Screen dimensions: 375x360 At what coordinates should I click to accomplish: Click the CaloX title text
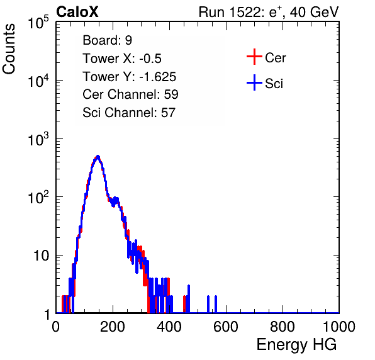pos(77,12)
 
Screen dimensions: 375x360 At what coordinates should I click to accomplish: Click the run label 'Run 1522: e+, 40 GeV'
pos(269,12)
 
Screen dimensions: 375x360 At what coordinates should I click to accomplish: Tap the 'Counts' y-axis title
pos(9,49)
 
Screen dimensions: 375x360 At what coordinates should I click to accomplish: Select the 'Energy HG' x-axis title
pos(296,345)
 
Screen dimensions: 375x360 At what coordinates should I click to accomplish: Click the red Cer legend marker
pos(254,57)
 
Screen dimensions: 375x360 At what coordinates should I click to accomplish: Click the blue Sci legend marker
pos(254,83)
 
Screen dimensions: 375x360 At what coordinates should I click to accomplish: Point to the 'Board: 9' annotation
pos(107,40)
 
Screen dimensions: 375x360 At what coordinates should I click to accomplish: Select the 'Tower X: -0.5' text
pos(122,59)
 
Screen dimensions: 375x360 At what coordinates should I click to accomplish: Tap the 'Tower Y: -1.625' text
pos(130,77)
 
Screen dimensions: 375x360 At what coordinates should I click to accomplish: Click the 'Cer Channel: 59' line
pos(130,94)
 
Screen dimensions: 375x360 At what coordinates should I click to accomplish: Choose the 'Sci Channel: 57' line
pos(129,113)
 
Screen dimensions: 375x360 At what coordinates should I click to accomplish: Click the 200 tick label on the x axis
pos(113,327)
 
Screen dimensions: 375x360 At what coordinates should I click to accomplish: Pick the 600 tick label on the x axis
pos(226,327)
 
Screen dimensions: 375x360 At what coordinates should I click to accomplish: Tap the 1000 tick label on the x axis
pos(339,327)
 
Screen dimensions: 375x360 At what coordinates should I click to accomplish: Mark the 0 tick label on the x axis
pos(56,327)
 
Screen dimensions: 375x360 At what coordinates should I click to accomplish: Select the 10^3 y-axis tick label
pos(38,139)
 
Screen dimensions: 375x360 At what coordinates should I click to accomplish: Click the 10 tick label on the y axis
pos(41,256)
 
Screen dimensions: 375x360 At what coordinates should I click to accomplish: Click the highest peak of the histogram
pos(98,157)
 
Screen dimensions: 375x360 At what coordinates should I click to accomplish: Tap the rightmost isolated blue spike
pos(216,304)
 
